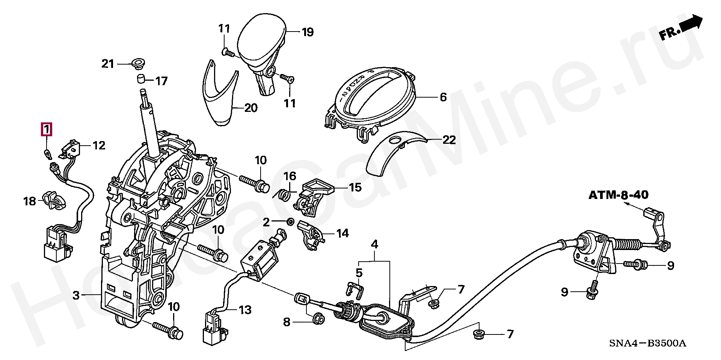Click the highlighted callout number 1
click(46, 130)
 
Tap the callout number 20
click(251, 108)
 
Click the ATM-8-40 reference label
click(618, 195)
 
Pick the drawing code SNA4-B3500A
click(647, 343)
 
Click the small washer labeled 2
click(290, 222)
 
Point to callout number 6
click(443, 97)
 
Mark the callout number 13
click(245, 310)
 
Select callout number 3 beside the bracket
click(76, 295)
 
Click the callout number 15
click(355, 187)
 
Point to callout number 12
click(99, 146)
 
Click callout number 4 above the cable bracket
click(374, 245)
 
